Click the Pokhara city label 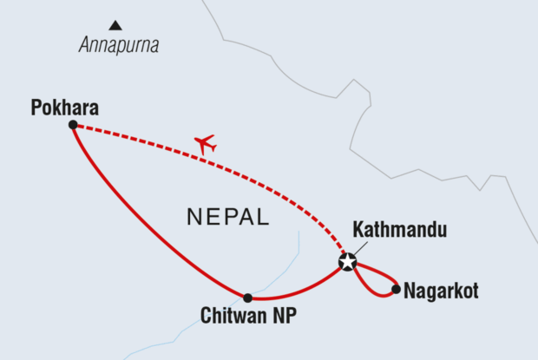[x=64, y=108]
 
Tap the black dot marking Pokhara [x=73, y=125]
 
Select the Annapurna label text [x=118, y=46]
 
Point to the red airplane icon [x=205, y=144]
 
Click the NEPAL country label [x=227, y=217]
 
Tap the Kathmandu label [x=400, y=231]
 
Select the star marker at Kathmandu [x=347, y=262]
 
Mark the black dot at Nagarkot [x=397, y=289]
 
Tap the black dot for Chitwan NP [x=247, y=298]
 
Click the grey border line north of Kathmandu [x=356, y=130]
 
